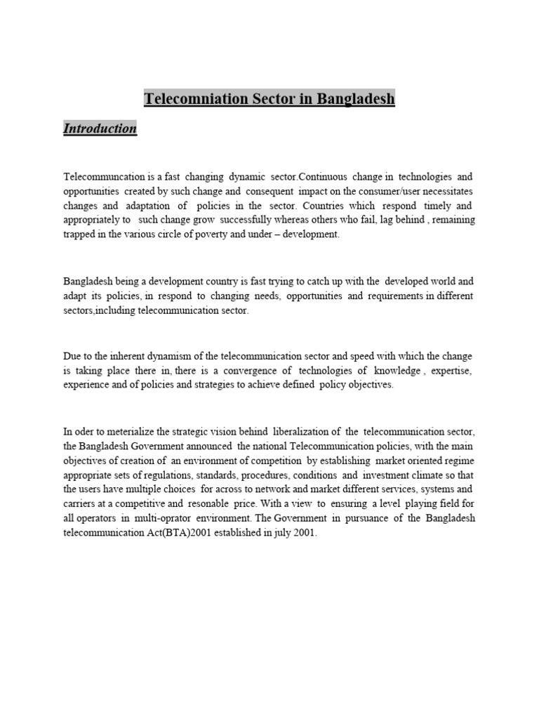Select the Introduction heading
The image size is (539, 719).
tap(100, 128)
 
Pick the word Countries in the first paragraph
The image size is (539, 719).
tap(329, 206)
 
